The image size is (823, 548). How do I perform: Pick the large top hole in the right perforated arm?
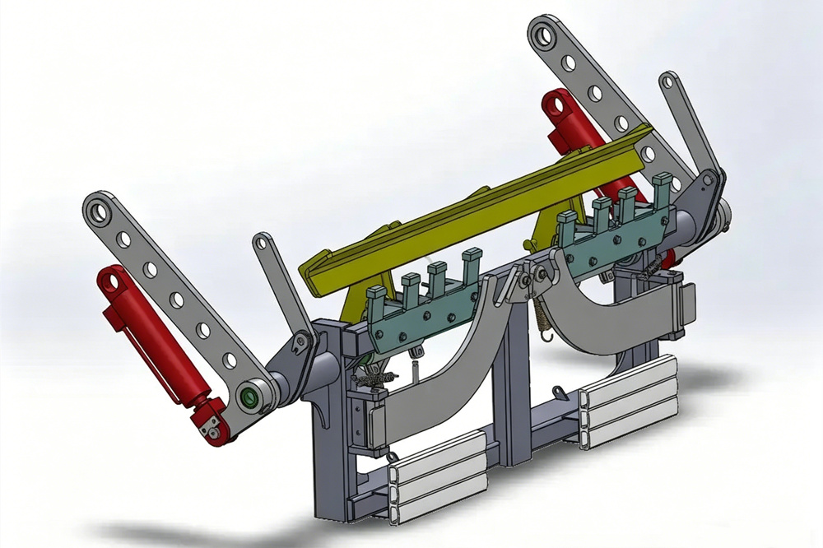point(545,33)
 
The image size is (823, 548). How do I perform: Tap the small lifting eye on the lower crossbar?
point(393,457)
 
